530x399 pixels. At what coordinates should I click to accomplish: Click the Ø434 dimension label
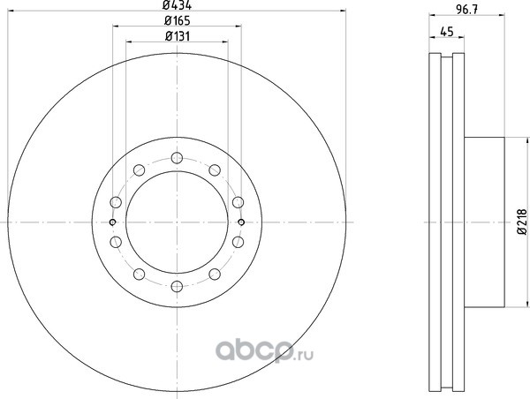tap(178, 5)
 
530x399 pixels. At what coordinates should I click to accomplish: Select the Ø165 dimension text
tap(178, 21)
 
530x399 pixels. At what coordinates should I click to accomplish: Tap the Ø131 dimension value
tap(178, 36)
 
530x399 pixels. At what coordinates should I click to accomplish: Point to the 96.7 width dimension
tap(466, 10)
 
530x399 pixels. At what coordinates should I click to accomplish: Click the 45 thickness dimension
tap(446, 32)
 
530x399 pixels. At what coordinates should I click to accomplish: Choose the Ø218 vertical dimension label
tap(522, 222)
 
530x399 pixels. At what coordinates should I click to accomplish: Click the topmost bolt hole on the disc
tap(177, 158)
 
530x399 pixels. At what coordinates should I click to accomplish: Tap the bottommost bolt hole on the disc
tap(177, 287)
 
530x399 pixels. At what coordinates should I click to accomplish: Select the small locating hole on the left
tap(113, 222)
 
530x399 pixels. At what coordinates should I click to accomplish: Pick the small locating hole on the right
tap(241, 222)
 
